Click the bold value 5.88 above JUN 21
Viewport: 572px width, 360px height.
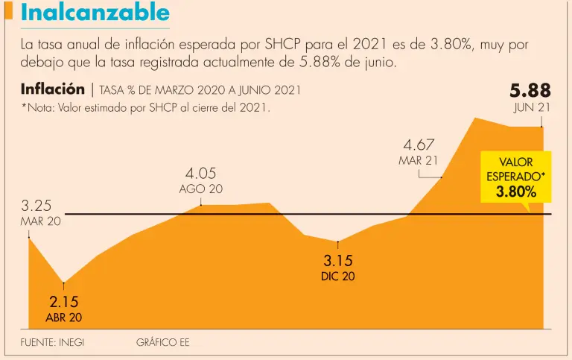pos(530,91)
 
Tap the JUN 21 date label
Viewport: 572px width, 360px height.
pos(532,108)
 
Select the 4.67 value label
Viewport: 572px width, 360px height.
pos(419,145)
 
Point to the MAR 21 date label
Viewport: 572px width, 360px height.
pos(419,160)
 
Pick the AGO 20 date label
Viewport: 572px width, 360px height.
pos(200,189)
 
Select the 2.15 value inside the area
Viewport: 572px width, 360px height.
pos(63,303)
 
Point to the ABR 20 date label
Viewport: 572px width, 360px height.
pos(64,318)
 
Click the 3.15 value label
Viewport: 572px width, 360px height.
pos(337,261)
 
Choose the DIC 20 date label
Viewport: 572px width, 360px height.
pos(337,277)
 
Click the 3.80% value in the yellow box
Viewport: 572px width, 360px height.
pos(515,192)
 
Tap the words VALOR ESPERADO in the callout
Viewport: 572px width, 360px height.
pos(515,169)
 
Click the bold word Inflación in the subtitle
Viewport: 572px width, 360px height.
pos(53,89)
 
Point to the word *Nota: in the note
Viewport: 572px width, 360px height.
pos(38,107)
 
